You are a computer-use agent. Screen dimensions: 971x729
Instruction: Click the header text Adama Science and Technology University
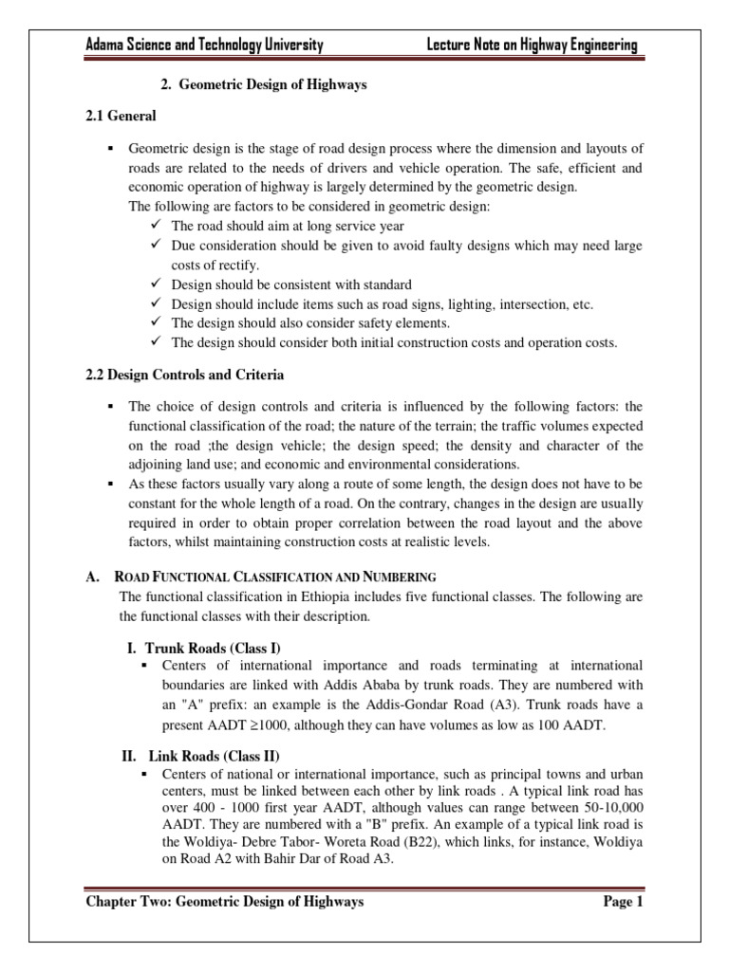(x=205, y=45)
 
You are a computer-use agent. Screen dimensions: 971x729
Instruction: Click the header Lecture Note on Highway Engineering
(x=533, y=45)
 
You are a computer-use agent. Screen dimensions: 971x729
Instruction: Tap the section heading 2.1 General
(x=121, y=117)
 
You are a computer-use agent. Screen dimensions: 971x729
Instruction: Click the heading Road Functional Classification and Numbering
(x=275, y=576)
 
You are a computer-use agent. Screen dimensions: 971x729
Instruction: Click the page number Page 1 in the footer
(x=624, y=902)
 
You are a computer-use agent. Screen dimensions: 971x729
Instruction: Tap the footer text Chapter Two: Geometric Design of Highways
(x=225, y=902)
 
